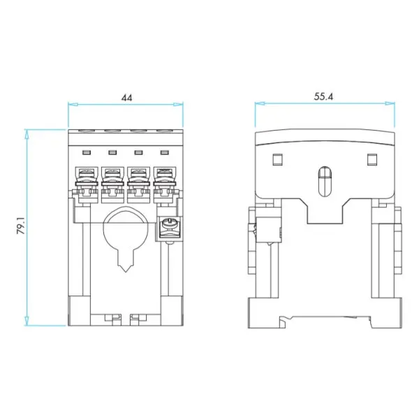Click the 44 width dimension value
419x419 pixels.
click(126, 98)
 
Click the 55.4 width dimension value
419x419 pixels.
click(323, 96)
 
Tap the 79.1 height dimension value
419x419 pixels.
click(21, 226)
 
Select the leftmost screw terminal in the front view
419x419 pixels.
click(87, 185)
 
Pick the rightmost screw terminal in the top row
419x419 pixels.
click(165, 185)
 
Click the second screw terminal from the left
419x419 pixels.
click(112, 185)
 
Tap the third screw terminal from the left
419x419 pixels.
click(138, 185)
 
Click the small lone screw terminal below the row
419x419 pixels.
click(169, 227)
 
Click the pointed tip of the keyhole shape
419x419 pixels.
click(125, 272)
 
